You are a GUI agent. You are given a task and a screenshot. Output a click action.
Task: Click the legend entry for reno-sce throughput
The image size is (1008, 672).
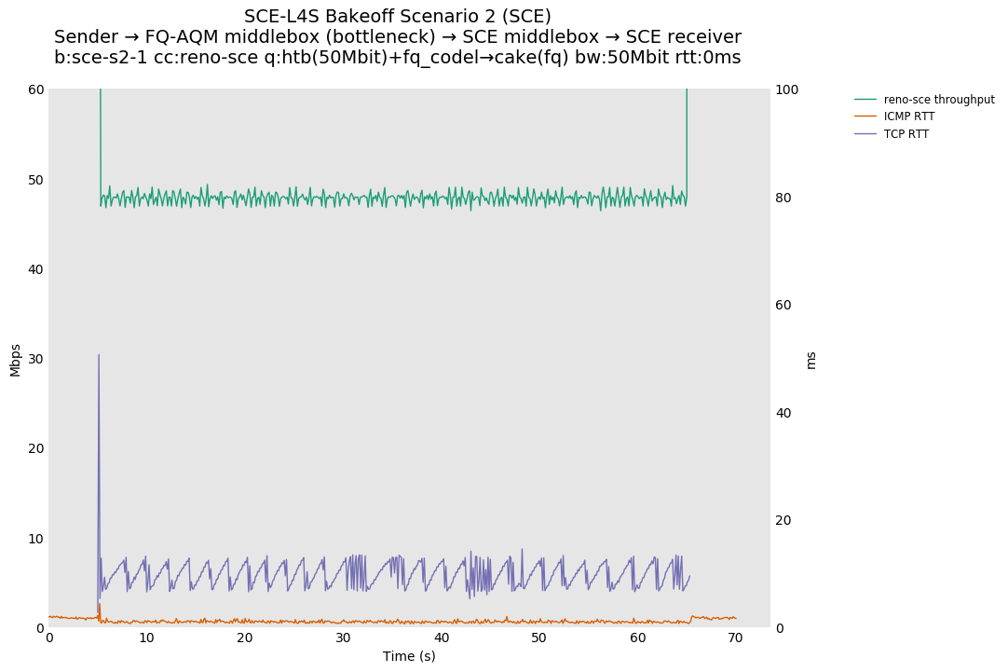(938, 100)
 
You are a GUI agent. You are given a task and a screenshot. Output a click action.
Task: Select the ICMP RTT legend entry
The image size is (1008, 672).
(908, 117)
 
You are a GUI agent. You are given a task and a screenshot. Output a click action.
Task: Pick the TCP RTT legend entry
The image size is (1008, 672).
(906, 134)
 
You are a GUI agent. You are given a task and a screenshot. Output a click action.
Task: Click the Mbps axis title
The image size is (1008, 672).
(16, 360)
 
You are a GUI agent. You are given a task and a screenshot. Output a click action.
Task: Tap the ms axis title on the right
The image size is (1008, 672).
(810, 360)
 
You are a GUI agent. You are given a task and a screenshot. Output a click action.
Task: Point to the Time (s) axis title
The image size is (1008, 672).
(409, 656)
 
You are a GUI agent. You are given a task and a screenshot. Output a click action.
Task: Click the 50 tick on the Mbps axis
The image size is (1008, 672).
(34, 180)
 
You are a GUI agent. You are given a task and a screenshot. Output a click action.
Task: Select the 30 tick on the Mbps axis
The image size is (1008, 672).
(34, 359)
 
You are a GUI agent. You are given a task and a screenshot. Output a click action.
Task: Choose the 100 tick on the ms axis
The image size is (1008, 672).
(787, 89)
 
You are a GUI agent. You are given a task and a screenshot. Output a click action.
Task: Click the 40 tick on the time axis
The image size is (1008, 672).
(442, 638)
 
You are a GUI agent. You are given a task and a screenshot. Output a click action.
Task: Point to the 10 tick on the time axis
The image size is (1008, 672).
(147, 638)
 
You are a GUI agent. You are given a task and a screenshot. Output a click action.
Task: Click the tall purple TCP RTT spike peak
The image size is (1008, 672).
(99, 355)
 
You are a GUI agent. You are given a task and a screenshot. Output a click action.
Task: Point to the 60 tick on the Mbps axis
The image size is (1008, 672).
(34, 89)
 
